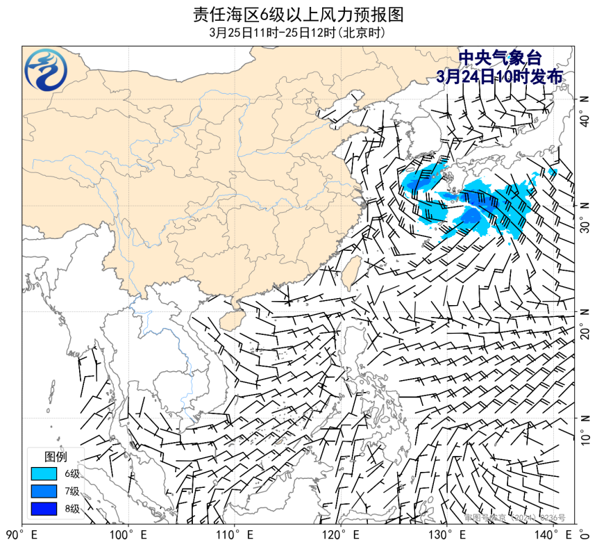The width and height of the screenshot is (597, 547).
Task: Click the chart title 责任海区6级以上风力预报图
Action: pyautogui.click(x=298, y=14)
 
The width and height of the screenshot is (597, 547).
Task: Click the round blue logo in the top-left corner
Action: pyautogui.click(x=46, y=70)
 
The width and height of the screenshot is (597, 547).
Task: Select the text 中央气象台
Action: pyautogui.click(x=500, y=58)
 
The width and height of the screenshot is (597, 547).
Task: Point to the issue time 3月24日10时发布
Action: pyautogui.click(x=500, y=76)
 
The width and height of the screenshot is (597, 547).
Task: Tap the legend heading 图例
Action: pyautogui.click(x=56, y=457)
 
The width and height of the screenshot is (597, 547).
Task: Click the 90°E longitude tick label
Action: pyautogui.click(x=22, y=535)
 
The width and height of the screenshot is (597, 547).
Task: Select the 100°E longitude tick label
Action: pyautogui.click(x=128, y=535)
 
